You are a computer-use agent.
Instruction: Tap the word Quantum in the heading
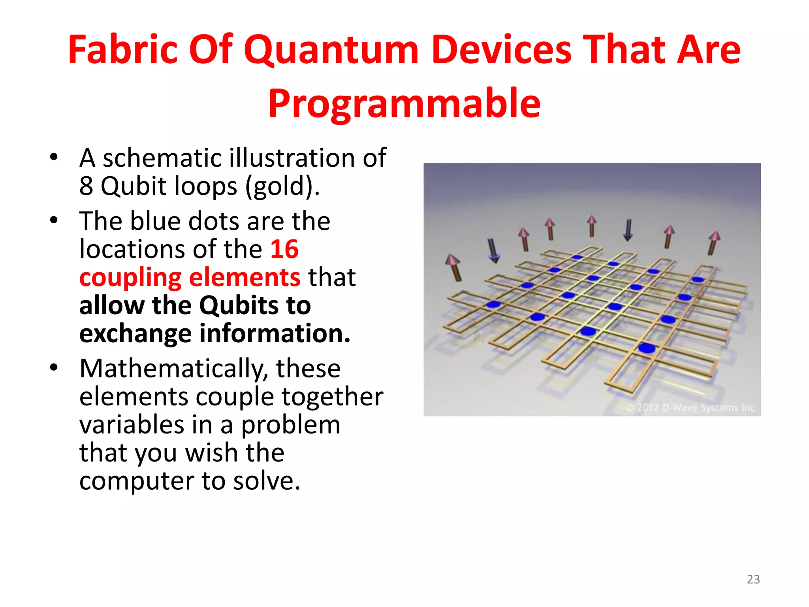click(331, 51)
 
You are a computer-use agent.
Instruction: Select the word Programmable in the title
click(404, 104)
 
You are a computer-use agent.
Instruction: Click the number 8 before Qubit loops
click(86, 186)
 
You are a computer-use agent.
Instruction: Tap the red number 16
click(284, 249)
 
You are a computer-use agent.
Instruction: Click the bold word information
click(275, 333)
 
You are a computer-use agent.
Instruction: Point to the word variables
click(132, 425)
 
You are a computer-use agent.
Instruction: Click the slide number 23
click(753, 579)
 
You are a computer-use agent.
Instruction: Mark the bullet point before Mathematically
click(54, 368)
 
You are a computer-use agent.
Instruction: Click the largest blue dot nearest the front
click(647, 348)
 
